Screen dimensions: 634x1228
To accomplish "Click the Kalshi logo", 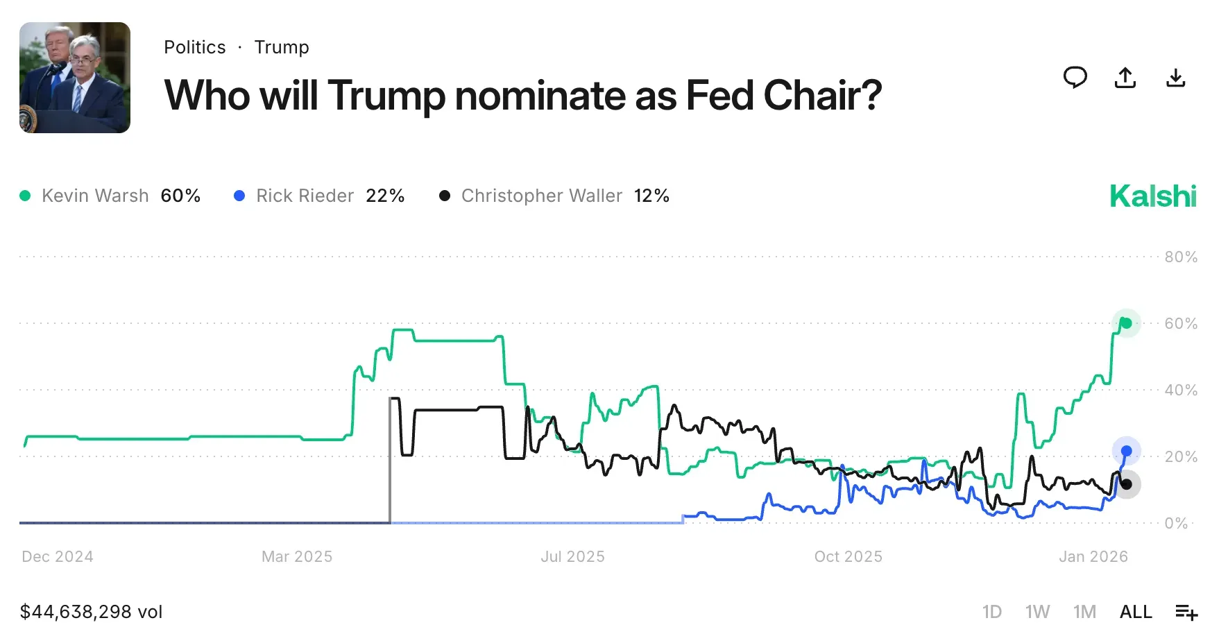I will pos(1153,196).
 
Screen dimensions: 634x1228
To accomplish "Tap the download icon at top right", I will pos(1175,78).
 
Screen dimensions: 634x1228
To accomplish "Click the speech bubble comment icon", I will pos(1075,78).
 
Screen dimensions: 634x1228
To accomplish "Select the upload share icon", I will pos(1125,78).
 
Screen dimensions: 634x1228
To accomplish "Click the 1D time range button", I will pos(991,612).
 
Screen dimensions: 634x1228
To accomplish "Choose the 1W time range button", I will pos(1037,612).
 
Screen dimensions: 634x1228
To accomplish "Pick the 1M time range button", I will pos(1084,612).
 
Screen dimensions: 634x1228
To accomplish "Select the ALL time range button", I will pos(1136,612).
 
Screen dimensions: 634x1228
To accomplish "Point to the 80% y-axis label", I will pos(1181,257).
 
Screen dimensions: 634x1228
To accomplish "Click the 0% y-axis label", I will pos(1176,524).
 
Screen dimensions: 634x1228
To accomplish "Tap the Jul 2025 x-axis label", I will pos(572,557).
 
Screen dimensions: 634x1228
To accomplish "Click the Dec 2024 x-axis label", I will pos(58,557).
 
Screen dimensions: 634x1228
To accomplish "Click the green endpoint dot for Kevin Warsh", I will pos(1127,323).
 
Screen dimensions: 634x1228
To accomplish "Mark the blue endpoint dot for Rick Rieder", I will pos(1127,452).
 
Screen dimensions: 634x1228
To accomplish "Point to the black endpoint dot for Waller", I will pos(1127,484).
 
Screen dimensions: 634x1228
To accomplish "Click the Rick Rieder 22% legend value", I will pos(385,196).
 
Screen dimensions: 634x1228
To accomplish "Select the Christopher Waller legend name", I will pos(541,196).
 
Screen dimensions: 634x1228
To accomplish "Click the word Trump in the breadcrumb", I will pos(282,47).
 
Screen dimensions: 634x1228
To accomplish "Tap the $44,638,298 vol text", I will pos(91,612).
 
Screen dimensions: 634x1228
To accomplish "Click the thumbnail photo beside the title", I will pos(75,78).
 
